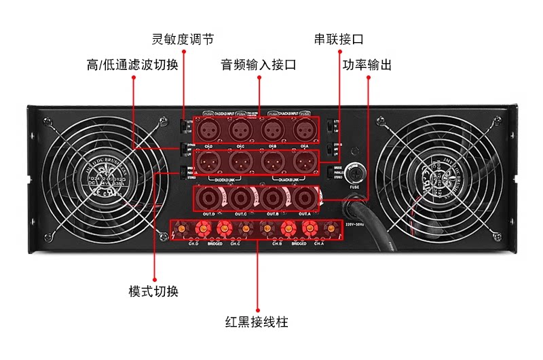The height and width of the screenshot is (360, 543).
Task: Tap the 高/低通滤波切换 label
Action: (132, 65)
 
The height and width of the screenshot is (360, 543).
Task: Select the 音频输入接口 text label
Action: (259, 65)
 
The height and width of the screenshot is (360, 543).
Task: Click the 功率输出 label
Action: (367, 65)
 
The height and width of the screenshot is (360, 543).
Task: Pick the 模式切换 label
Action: (153, 291)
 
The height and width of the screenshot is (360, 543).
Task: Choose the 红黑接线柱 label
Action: (257, 322)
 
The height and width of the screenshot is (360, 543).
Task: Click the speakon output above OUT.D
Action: (208, 198)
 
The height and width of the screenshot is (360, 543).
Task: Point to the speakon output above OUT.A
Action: (303, 198)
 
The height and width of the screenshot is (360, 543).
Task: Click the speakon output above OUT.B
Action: (272, 198)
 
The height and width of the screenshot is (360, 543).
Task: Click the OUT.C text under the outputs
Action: (241, 215)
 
